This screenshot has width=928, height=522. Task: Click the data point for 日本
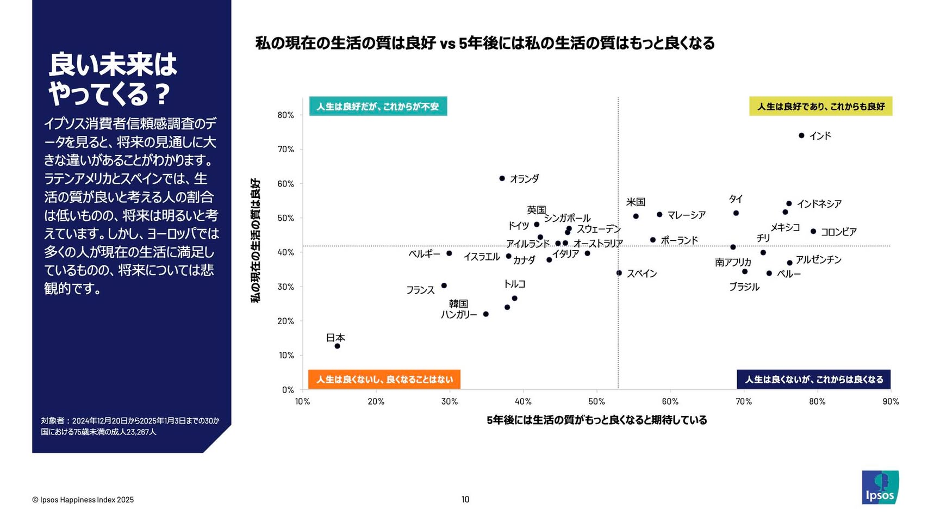coord(337,346)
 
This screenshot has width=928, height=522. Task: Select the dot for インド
coord(801,135)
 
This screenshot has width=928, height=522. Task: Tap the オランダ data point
coord(502,178)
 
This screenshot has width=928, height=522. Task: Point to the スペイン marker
coord(619,273)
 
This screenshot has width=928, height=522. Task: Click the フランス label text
coord(420,290)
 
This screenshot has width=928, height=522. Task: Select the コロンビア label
coord(838,232)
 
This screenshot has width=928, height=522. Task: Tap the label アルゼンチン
coord(819,260)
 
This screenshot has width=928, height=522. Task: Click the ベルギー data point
coord(449,253)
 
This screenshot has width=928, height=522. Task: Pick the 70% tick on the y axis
coord(286,149)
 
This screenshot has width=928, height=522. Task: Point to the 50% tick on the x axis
coord(596,401)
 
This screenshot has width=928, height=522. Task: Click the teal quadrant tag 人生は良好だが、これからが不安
coord(378,107)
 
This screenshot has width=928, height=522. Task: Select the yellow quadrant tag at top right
coord(821,107)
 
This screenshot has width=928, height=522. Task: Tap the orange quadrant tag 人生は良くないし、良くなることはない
coord(384,379)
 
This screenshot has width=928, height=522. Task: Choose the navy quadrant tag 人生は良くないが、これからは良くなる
coord(814,379)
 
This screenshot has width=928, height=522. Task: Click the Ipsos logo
coord(880,487)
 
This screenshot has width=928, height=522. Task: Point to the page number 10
coord(465,500)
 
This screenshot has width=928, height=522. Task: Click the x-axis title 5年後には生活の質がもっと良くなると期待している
coord(597,420)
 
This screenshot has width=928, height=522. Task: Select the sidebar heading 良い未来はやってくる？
coord(113,79)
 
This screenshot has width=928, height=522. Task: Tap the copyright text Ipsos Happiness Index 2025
coord(83,500)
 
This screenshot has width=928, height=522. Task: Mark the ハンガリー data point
coord(486,314)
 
